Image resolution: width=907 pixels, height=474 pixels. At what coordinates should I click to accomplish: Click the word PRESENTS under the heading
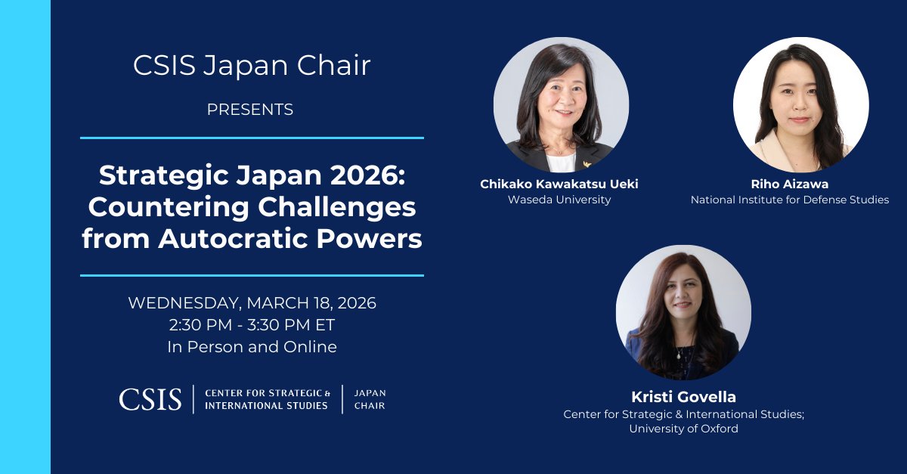(250, 110)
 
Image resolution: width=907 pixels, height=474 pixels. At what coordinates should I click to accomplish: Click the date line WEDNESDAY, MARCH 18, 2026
(252, 303)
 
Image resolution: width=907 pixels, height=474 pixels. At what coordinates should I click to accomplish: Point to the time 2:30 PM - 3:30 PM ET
(252, 325)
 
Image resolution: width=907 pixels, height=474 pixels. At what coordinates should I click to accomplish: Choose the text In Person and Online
(252, 347)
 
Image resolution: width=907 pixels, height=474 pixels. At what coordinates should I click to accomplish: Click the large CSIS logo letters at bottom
(150, 398)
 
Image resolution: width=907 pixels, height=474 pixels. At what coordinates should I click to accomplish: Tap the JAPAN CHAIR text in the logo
(370, 399)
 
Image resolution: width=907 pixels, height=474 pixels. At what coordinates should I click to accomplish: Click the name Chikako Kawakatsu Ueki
(560, 184)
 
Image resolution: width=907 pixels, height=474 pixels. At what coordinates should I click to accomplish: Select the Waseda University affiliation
(560, 200)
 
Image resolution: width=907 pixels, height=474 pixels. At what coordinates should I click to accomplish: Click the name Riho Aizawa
(789, 184)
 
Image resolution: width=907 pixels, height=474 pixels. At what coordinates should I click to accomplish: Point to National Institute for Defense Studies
(789, 200)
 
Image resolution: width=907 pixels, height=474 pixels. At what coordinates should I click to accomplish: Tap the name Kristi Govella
(683, 397)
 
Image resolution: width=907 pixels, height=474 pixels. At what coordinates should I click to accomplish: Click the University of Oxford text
(683, 429)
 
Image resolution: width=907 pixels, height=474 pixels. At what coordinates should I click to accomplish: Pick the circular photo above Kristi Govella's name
(683, 312)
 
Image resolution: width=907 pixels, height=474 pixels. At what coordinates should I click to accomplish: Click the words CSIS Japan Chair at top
(252, 66)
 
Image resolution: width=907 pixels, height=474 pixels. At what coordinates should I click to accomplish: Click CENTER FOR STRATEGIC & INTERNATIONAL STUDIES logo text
(268, 399)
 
